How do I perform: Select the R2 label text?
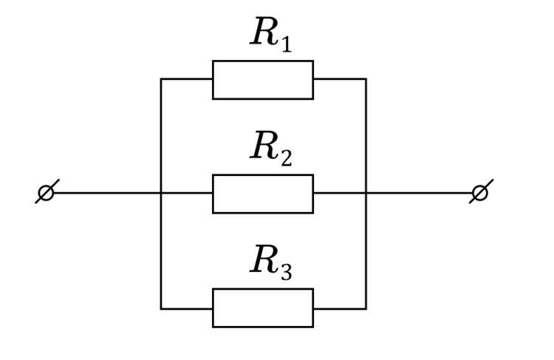coord(270,149)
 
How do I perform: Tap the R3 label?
coord(270,262)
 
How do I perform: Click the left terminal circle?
coord(46,193)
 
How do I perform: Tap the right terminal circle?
coord(480,193)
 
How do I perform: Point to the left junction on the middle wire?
coord(161,193)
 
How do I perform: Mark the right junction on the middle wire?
coord(366,193)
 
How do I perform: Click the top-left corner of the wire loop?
coord(161,79)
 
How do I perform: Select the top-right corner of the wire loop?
coord(366,79)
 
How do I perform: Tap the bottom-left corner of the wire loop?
coord(161,309)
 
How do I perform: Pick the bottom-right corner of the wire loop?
coord(366,309)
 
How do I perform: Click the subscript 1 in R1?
coord(285,44)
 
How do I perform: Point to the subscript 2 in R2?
coord(287,157)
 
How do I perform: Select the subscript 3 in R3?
coord(287,272)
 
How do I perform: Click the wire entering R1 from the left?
coord(187,79)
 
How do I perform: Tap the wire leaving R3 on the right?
coord(340,309)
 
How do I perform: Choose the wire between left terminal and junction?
coord(107,193)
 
